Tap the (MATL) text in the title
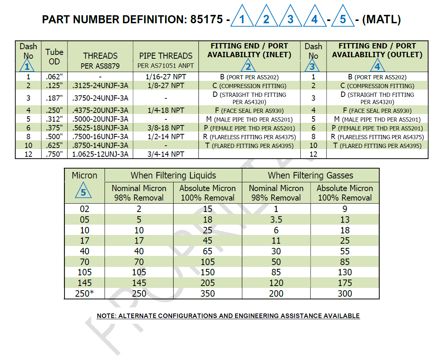pos(381,19)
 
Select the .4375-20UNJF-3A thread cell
pos(100,111)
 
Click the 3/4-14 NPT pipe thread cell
pos(166,154)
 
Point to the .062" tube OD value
pos(54,77)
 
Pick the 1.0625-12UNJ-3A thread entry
pos(100,154)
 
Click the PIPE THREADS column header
pos(166,56)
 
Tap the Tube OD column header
pos(54,56)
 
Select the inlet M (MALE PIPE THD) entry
pos(250,119)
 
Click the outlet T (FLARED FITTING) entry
pos(377,146)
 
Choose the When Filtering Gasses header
pos(310,175)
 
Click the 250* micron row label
pos(84,294)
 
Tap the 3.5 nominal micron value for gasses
pos(276,220)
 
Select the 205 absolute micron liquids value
pos(208,283)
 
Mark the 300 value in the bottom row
pos(345,294)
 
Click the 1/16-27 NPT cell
pos(166,77)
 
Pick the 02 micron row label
pos(84,209)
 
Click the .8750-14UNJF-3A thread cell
pos(100,146)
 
